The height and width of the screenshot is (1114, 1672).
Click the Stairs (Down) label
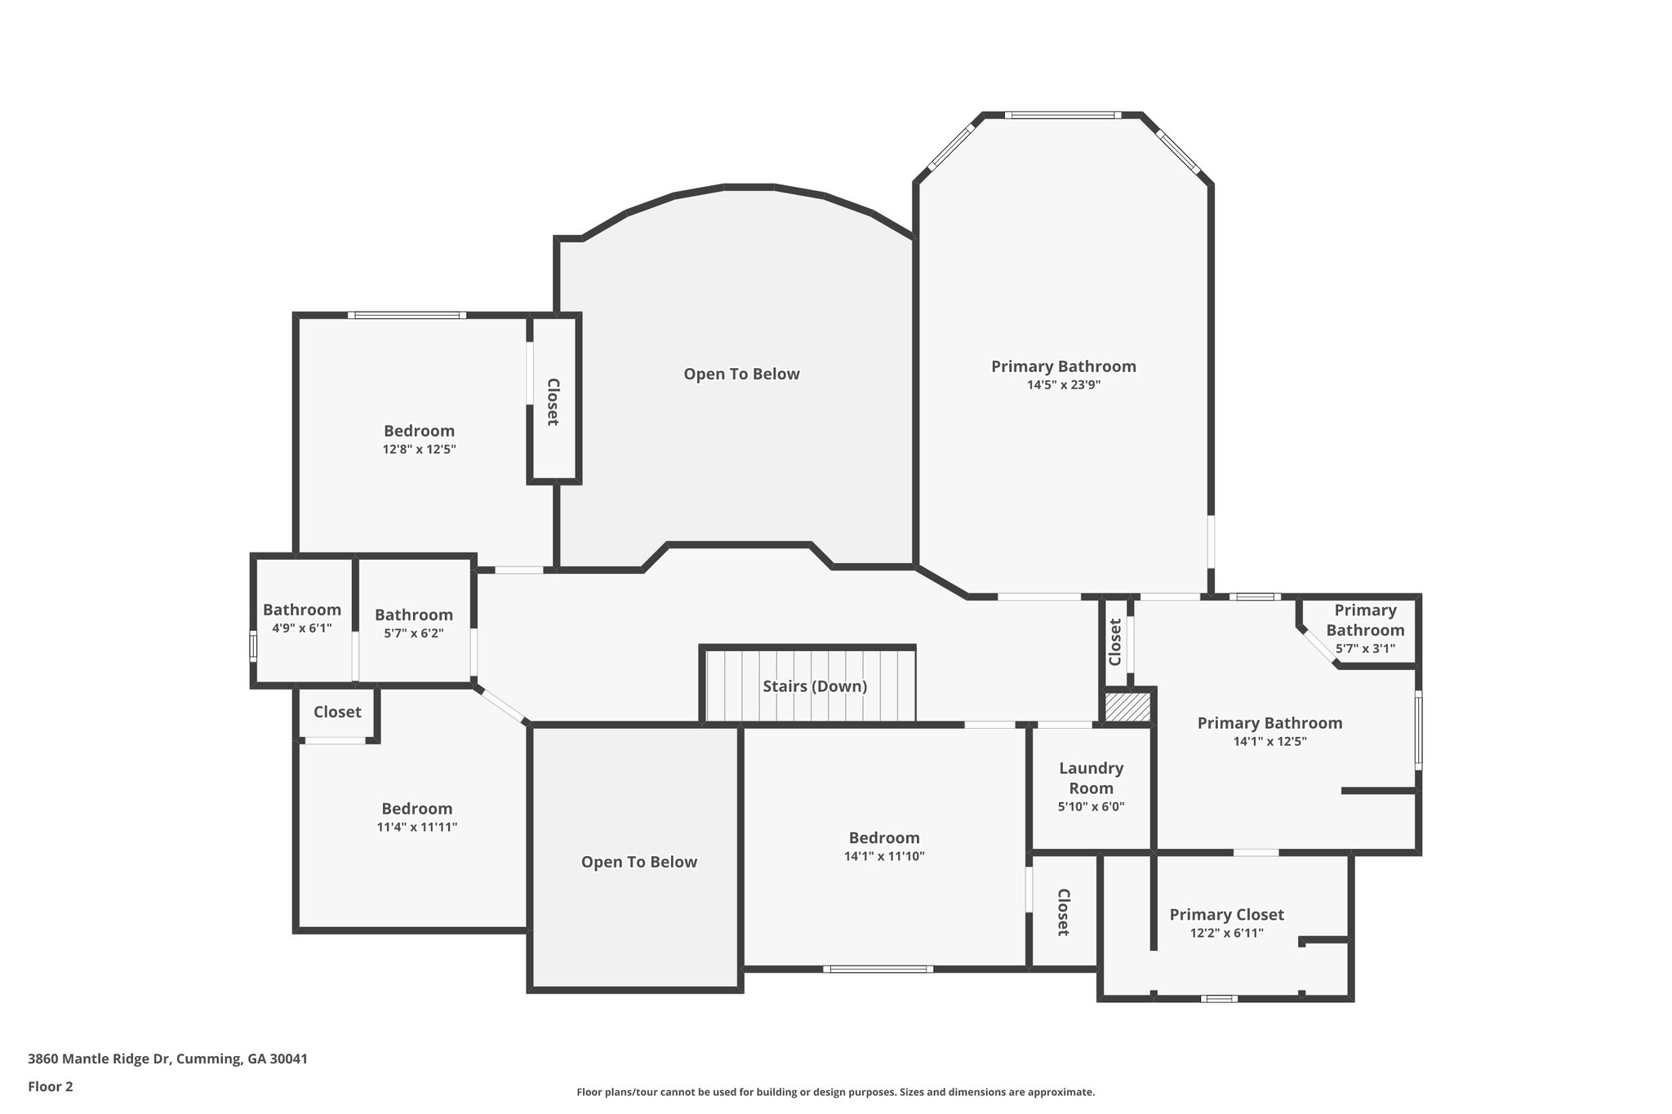coord(814,686)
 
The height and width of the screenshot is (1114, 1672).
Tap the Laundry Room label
coord(1091,778)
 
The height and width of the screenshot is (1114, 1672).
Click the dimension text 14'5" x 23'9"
coord(1063,385)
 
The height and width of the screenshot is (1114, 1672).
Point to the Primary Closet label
coord(1226,915)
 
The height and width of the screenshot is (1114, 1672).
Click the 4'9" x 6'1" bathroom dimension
coord(301,628)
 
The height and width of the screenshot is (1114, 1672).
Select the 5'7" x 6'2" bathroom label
coord(413,615)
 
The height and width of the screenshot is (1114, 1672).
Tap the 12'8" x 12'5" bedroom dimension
coord(419,449)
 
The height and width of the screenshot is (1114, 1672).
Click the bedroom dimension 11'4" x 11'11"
coord(416,827)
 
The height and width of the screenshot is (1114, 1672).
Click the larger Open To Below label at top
coord(741,374)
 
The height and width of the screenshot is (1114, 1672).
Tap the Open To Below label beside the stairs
coord(638,862)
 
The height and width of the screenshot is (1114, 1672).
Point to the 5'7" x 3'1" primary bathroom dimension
coord(1365,649)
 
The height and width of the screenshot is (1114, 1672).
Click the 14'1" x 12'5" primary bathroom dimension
coord(1270,742)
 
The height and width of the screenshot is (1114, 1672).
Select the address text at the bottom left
coord(167,1059)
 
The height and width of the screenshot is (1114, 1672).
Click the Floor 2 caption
coord(51,1086)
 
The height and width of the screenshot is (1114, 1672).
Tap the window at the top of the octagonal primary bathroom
coord(1061,115)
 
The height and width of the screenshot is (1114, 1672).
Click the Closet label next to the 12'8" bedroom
coord(553,402)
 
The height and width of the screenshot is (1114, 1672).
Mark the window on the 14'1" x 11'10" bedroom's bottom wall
coord(878,969)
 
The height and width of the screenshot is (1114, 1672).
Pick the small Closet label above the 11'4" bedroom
coord(337,712)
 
